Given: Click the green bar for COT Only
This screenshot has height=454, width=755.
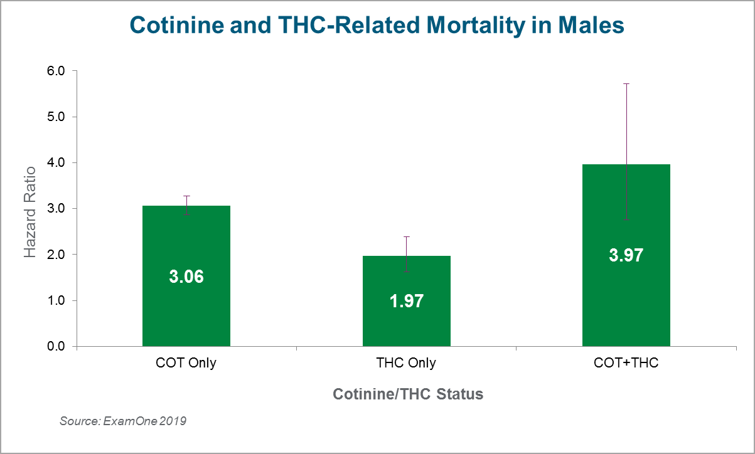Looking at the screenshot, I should coord(186,314).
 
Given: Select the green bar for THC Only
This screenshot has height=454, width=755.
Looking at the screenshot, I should coord(406,326).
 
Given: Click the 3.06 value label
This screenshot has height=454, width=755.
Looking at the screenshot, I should coord(186,277).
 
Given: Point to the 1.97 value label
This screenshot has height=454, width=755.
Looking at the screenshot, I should coord(406,301).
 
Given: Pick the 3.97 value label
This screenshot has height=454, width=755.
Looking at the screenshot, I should coord(626,255).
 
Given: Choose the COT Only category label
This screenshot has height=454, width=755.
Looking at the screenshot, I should coord(186,363).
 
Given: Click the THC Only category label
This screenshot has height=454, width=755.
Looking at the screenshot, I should coord(406,363).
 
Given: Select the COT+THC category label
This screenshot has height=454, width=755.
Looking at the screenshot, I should coord(626,363).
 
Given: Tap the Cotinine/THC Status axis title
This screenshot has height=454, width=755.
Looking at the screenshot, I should coord(408,394).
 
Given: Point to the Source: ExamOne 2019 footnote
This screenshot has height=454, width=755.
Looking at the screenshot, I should coord(123,421).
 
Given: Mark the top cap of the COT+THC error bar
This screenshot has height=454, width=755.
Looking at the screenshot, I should coord(626,83).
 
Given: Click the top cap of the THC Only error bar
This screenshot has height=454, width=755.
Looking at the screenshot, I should coord(406,236).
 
